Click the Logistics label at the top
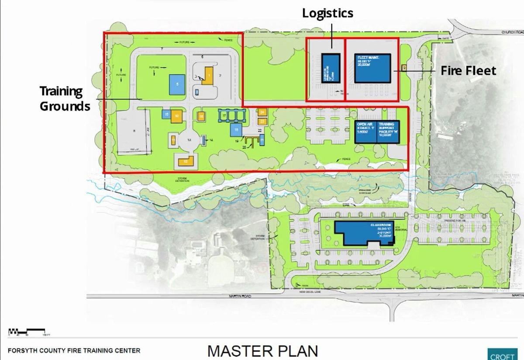coord(327,13)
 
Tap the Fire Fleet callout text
coord(468,70)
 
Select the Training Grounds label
coord(65,98)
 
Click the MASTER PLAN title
coord(262,351)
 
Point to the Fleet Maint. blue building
coord(372,69)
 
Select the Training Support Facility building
coord(388,132)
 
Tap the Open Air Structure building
coord(366,132)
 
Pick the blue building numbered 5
coord(176,84)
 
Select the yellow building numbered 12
coord(185,161)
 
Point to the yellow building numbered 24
coord(262,112)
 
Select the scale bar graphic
coord(26,331)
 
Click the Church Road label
coord(512,32)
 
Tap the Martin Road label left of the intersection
coord(240,296)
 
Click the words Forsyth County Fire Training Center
coord(74,350)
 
